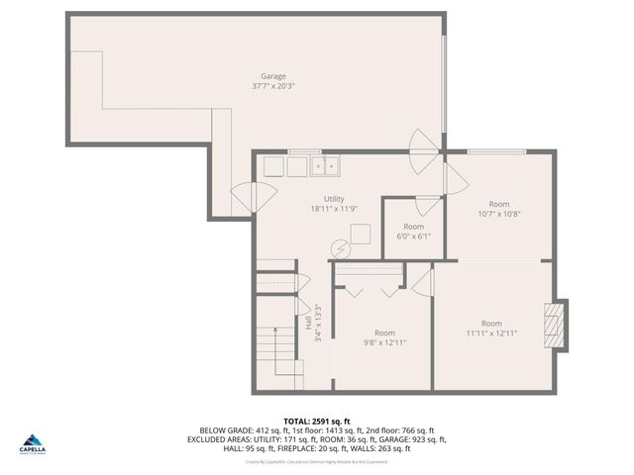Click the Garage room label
coord(273,76)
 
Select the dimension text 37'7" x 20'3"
coord(273,86)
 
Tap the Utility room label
coord(334,199)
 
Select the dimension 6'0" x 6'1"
coord(413,236)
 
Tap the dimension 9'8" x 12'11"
coord(384,342)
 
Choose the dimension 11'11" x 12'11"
coord(491,333)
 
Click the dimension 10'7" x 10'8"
coord(499,214)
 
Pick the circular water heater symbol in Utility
coord(340,248)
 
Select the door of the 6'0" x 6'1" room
coord(427,206)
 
